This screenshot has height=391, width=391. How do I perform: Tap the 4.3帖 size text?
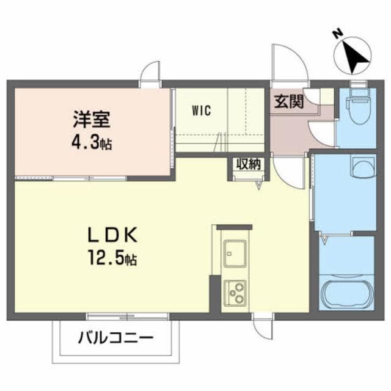(x=92, y=144)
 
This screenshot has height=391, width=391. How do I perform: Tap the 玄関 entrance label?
(x=288, y=101)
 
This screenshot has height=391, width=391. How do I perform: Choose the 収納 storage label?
(x=246, y=164)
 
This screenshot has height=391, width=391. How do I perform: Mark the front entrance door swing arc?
(x=288, y=64)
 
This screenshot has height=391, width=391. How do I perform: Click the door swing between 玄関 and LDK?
(x=289, y=170)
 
